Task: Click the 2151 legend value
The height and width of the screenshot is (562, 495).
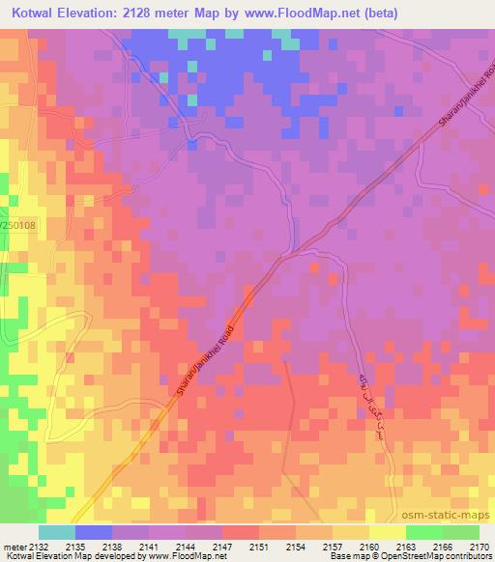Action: pyautogui.click(x=260, y=546)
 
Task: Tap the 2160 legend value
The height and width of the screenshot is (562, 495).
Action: pyautogui.click(x=369, y=546)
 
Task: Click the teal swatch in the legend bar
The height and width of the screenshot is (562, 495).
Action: pyautogui.click(x=57, y=532)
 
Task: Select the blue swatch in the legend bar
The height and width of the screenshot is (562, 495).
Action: pyautogui.click(x=94, y=532)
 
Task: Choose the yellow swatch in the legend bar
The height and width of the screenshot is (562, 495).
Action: pyautogui.click(x=388, y=532)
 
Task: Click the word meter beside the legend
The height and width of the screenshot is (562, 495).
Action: pyautogui.click(x=14, y=546)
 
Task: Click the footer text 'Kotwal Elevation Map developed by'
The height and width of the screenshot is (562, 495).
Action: pyautogui.click(x=70, y=556)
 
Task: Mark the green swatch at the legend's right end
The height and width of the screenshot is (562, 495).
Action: pyautogui.click(x=461, y=532)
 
